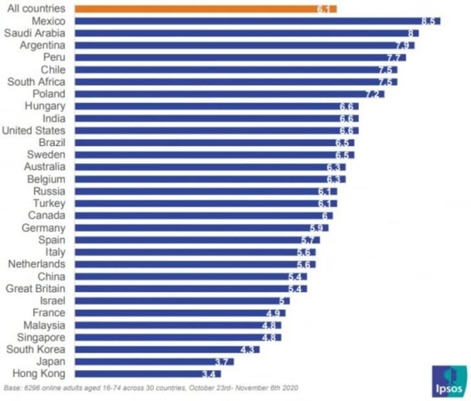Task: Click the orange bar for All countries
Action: click(x=206, y=9)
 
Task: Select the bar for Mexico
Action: click(x=257, y=21)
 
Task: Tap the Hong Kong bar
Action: click(x=148, y=373)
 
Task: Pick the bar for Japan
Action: click(x=154, y=362)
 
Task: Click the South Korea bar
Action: click(x=167, y=349)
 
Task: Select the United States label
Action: click(x=33, y=131)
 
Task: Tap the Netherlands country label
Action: click(x=36, y=264)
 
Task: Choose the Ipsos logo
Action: click(x=449, y=381)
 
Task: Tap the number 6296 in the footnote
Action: click(x=33, y=388)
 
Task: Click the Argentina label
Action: click(x=42, y=45)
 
